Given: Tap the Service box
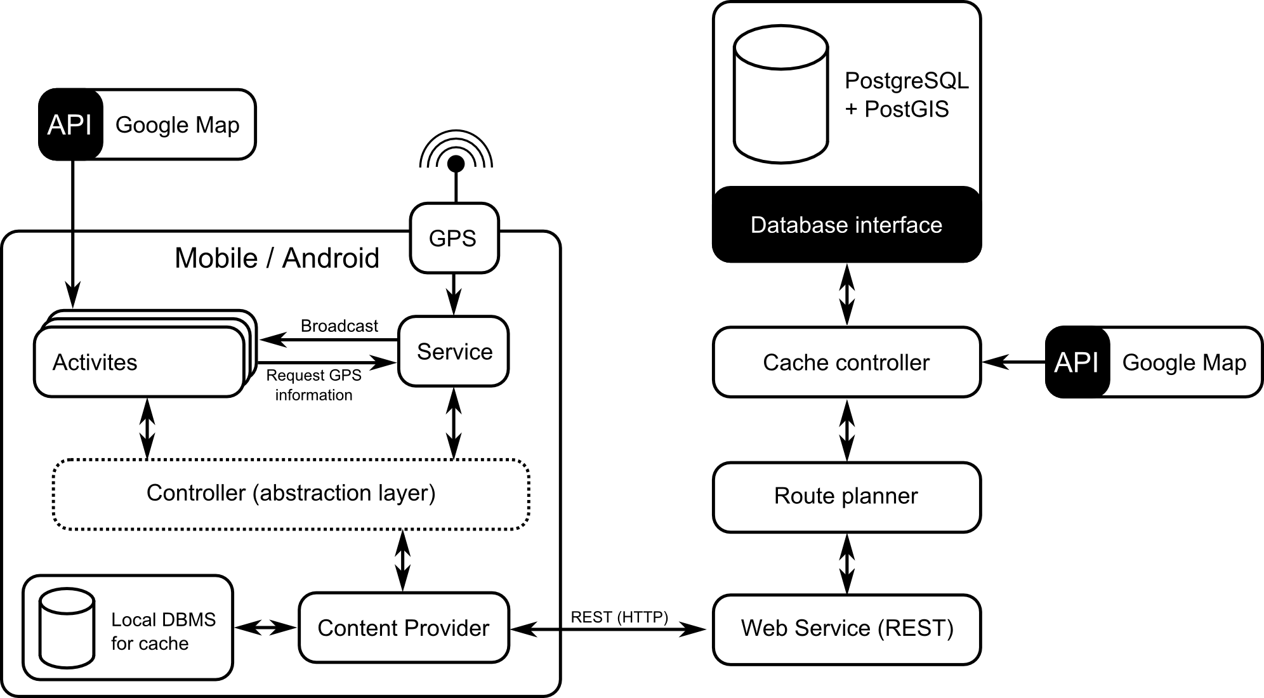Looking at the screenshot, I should pos(454,351).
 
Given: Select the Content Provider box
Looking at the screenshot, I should pos(404,628).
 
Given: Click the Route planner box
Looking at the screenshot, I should pos(846,496).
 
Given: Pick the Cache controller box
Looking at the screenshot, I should pos(846,362).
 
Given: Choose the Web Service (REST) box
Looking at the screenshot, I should pos(846,629).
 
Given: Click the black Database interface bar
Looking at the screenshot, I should pos(846,225).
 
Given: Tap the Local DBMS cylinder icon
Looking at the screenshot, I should pos(67,628).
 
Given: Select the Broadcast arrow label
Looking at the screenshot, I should pos(339,326).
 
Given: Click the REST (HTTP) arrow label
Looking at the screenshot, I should pos(619,617).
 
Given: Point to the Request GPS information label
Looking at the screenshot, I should pos(313,385).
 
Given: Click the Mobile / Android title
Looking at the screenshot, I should pos(277,258).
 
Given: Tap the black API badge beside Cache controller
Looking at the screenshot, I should pos(1077,362).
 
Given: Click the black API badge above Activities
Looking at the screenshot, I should pos(70,124).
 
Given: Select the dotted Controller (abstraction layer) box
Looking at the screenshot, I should pos(291,494).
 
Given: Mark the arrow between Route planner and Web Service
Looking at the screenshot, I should pos(846,563).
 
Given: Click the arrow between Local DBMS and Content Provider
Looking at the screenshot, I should pos(265,628).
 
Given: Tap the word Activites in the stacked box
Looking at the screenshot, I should pos(95,362).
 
